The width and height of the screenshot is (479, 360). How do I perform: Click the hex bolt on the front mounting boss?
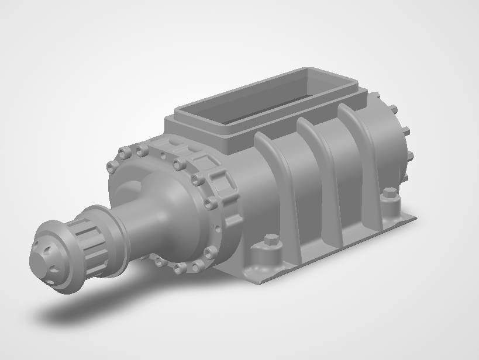point(271,240)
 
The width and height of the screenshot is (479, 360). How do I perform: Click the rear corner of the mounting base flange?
point(413,219)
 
